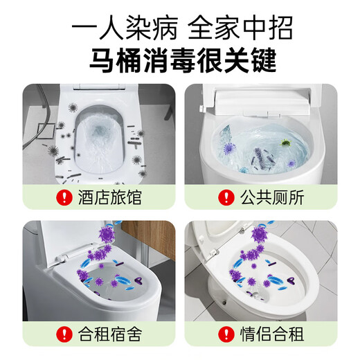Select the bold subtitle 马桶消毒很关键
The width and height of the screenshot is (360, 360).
(x=180, y=61)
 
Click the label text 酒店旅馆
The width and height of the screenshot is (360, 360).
(x=107, y=198)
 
